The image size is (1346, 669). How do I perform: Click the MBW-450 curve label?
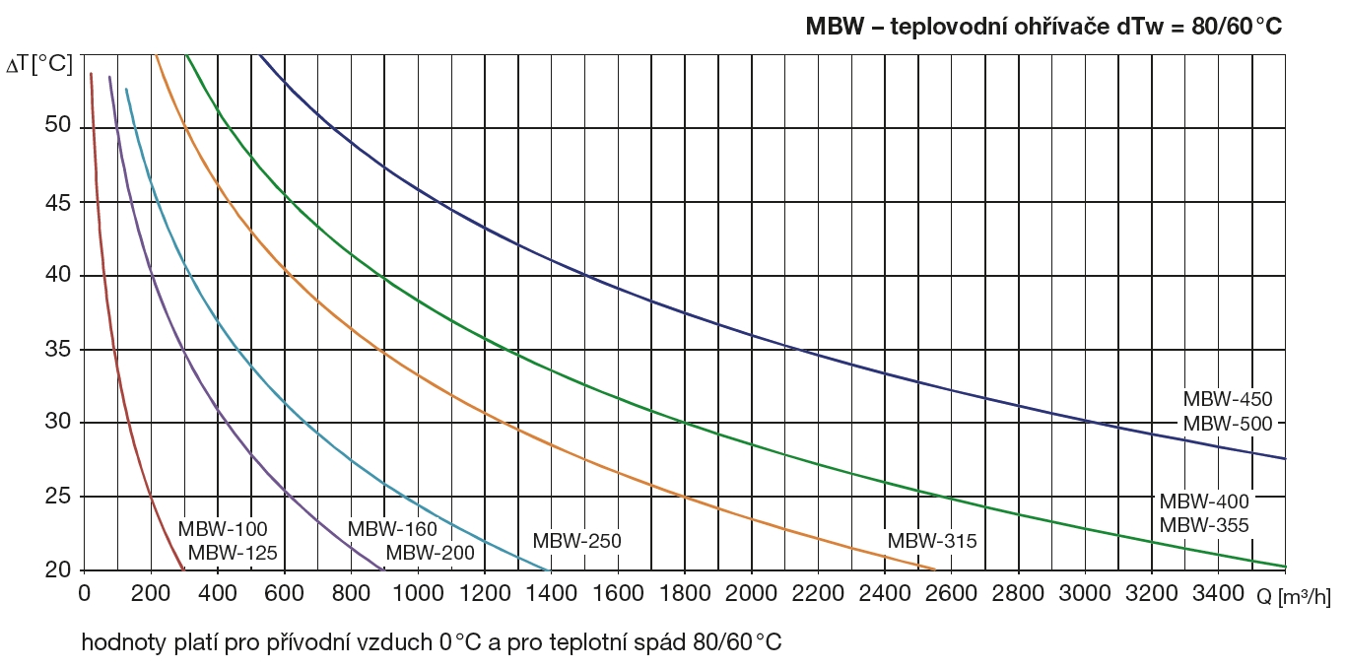(1228, 400)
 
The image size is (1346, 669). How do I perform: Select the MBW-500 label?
(1228, 425)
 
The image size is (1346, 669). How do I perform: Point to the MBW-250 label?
(576, 542)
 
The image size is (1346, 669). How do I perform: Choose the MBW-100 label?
(223, 530)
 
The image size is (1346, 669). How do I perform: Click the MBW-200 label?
(430, 553)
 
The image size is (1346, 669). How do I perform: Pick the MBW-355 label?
(1204, 526)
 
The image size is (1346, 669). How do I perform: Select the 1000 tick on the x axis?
(417, 594)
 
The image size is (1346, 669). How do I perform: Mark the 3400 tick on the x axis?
(1218, 594)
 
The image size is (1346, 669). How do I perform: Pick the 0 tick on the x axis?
(85, 594)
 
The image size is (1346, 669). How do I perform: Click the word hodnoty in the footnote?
(119, 643)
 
